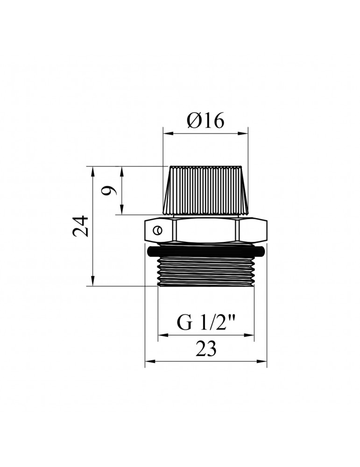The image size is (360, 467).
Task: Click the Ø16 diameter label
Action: tap(205, 121)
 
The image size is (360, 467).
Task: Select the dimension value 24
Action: tap(81, 226)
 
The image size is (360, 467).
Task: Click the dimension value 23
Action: tap(206, 348)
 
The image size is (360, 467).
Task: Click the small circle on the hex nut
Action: tap(156, 230)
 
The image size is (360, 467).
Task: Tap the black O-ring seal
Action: tap(206, 251)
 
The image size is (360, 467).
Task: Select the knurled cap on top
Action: tap(205, 191)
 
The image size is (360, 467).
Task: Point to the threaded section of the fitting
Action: tap(206, 272)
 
